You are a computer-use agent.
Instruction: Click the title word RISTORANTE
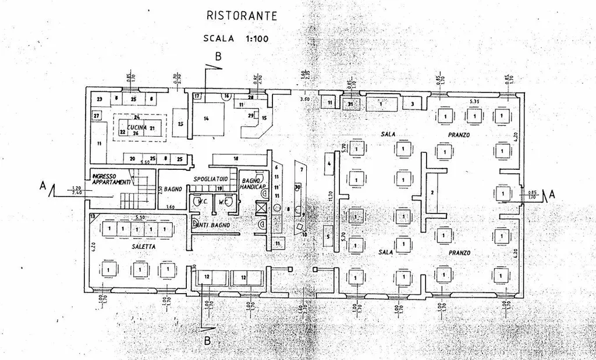point(242,16)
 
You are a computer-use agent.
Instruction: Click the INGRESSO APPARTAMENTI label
point(111,179)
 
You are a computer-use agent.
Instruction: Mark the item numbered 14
point(207,118)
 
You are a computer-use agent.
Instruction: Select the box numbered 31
point(350,104)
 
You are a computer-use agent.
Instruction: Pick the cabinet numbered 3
point(412,104)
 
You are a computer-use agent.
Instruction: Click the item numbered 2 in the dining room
point(432,192)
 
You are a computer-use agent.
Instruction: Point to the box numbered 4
point(329,165)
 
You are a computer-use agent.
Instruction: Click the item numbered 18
point(236,158)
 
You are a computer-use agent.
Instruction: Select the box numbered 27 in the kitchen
point(96,116)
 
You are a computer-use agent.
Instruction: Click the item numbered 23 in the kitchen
point(100,99)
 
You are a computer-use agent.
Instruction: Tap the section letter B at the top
point(218,56)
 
